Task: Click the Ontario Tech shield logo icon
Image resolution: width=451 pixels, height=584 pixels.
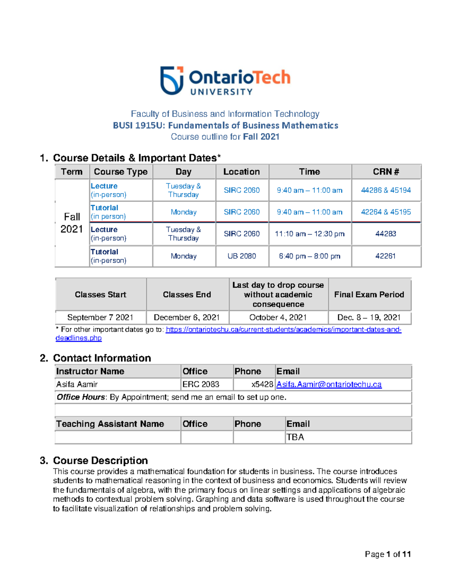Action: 172,80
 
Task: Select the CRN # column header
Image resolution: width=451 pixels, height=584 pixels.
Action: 386,172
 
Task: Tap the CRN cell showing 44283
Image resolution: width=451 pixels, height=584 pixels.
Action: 386,234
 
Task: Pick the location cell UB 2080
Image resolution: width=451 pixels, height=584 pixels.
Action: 242,256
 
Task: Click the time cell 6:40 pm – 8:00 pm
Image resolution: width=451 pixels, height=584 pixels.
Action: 309,256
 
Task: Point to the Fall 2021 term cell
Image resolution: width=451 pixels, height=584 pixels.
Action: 72,223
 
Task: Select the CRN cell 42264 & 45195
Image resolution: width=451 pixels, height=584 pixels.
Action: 386,212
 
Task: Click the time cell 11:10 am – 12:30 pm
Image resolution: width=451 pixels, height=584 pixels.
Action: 309,234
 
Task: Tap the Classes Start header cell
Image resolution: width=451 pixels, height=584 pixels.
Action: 100,294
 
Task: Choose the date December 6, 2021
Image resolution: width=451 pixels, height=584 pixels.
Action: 186,317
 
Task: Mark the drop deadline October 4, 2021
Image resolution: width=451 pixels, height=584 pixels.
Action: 278,317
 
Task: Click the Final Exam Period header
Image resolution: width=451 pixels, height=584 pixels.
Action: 369,294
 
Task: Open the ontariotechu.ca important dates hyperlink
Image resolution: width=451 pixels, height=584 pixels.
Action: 283,330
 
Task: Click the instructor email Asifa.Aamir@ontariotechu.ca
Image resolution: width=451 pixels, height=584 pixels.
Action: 329,384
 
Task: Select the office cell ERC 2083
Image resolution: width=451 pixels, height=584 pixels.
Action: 201,384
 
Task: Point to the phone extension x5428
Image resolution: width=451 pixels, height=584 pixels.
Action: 262,384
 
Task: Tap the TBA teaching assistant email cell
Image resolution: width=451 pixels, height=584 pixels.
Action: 295,437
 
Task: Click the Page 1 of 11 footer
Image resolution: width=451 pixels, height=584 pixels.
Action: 387,554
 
